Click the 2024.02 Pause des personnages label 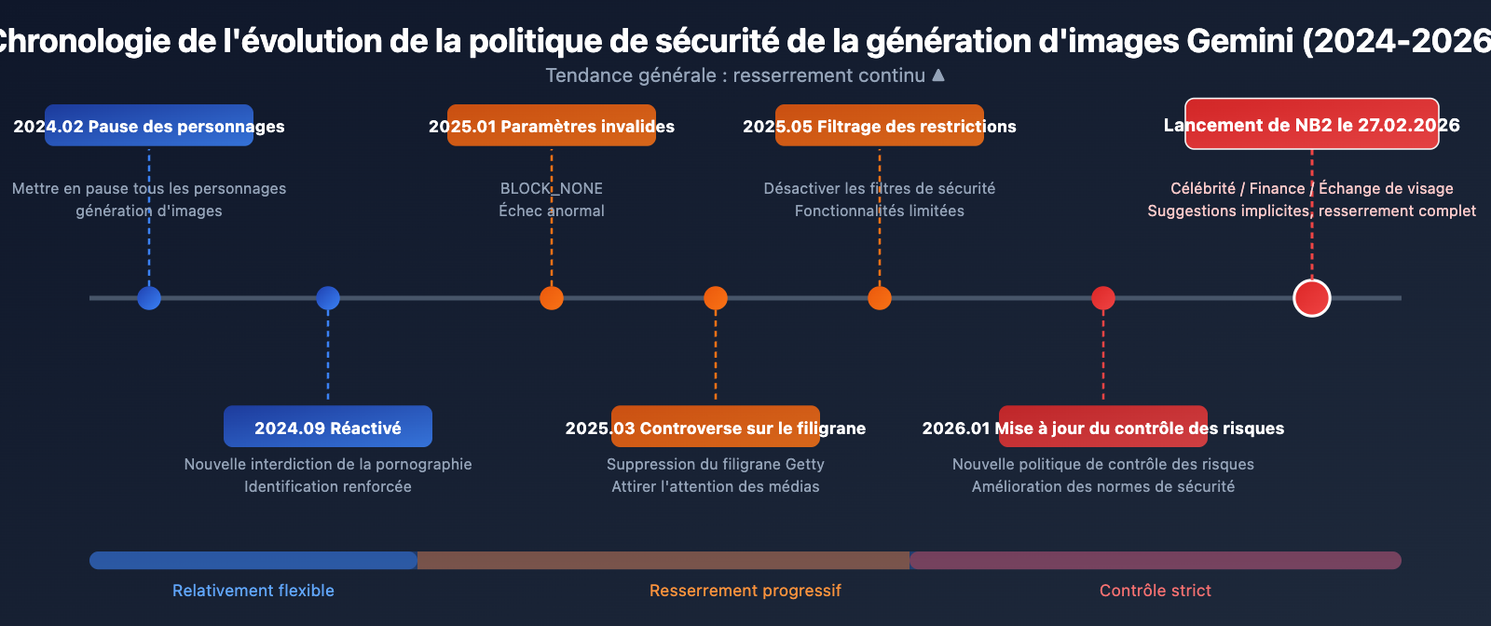[149, 126]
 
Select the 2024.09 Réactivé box [328, 427]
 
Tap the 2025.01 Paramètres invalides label [552, 126]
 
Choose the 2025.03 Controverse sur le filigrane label [716, 427]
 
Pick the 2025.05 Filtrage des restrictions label [880, 126]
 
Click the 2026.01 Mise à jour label [1103, 427]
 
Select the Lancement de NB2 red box [1312, 124]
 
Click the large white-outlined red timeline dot [1312, 298]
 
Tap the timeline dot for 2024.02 [149, 298]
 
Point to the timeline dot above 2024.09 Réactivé [328, 298]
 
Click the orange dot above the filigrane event [716, 298]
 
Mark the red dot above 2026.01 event [1103, 298]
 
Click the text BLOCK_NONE [552, 188]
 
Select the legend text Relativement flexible [253, 591]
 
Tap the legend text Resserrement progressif [745, 591]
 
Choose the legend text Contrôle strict [1156, 591]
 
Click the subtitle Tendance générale [735, 75]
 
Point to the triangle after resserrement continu [938, 75]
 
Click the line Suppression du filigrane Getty [716, 464]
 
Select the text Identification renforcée [328, 486]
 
